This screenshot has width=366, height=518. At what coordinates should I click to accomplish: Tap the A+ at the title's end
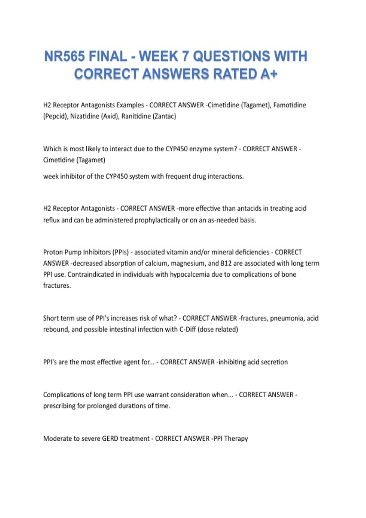(x=269, y=74)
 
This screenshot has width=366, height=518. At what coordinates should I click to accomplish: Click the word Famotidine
(x=289, y=105)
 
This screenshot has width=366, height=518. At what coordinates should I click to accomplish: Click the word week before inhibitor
(x=51, y=176)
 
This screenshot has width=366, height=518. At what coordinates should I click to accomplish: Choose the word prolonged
(x=102, y=406)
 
